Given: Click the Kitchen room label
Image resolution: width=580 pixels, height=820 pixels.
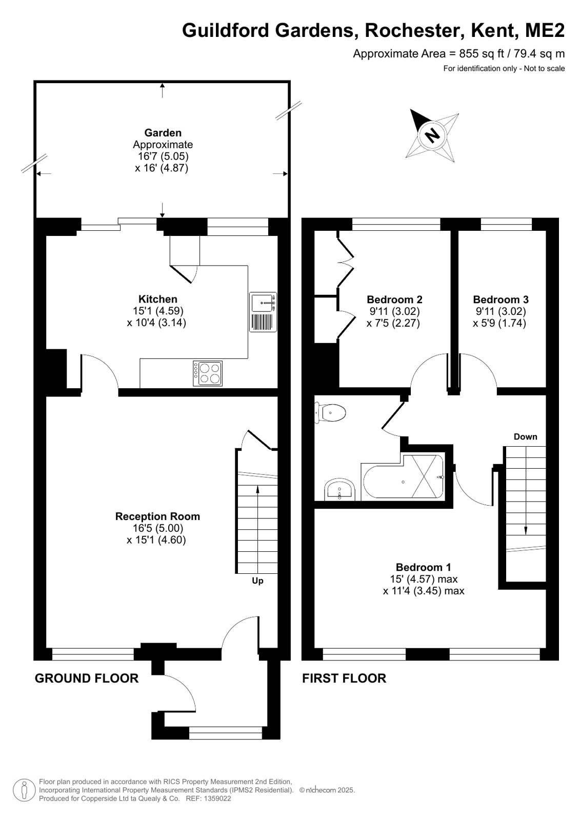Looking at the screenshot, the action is (x=157, y=298).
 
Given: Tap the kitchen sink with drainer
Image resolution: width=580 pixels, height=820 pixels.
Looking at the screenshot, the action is (x=263, y=312).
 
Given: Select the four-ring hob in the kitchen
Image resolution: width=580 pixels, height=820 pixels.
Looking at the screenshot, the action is (x=208, y=373).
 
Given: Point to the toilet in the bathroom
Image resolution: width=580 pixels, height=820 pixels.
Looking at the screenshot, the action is (x=330, y=413).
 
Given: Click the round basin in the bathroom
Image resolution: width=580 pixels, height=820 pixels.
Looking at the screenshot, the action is (x=339, y=489).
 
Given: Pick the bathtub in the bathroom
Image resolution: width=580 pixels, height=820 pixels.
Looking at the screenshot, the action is (x=403, y=476).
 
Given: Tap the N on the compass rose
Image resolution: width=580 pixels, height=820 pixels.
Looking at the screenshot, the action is (x=432, y=135).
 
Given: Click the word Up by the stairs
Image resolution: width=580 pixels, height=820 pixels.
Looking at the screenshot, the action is (x=257, y=581).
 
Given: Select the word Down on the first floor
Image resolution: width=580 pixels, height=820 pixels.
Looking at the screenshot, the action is (x=525, y=436).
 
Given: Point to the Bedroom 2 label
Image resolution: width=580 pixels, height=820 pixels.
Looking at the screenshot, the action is (x=394, y=299).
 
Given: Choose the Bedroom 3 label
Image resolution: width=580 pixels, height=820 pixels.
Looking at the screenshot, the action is (x=501, y=299).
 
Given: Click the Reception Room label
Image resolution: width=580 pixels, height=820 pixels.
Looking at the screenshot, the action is (x=157, y=516).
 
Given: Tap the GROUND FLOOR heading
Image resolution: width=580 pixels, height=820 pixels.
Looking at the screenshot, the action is (x=87, y=678).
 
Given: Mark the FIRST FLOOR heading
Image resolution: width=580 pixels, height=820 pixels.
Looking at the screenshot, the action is (x=344, y=678).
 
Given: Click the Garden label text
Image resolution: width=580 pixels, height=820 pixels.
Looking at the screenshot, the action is (x=163, y=132).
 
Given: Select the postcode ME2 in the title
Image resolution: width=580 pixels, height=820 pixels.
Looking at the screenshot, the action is (x=545, y=30).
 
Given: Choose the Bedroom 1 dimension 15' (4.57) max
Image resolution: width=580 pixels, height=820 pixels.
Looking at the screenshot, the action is (x=424, y=579).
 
